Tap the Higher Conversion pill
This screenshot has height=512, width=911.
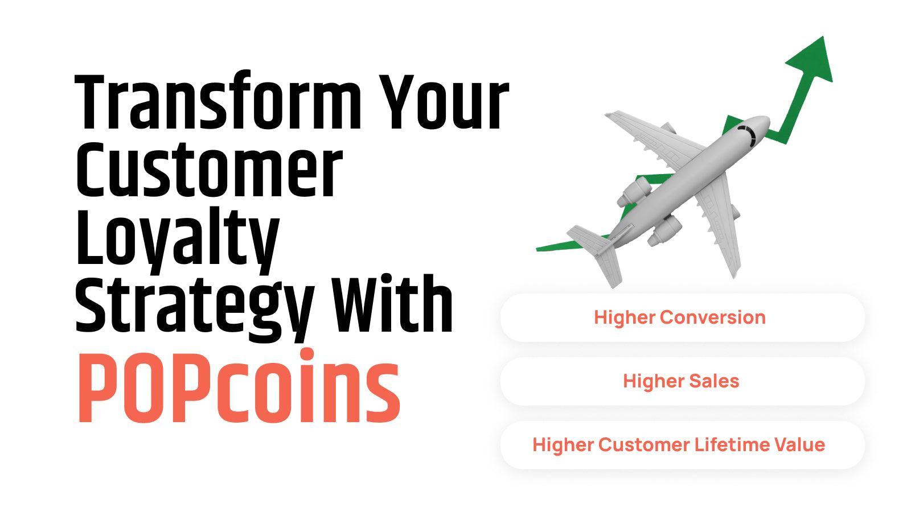click(682, 317)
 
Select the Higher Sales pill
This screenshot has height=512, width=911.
click(682, 381)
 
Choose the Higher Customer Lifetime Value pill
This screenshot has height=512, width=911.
click(682, 445)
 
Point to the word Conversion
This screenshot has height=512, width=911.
click(713, 317)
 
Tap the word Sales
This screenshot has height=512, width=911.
click(714, 381)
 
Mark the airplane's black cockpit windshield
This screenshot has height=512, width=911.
click(748, 134)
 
